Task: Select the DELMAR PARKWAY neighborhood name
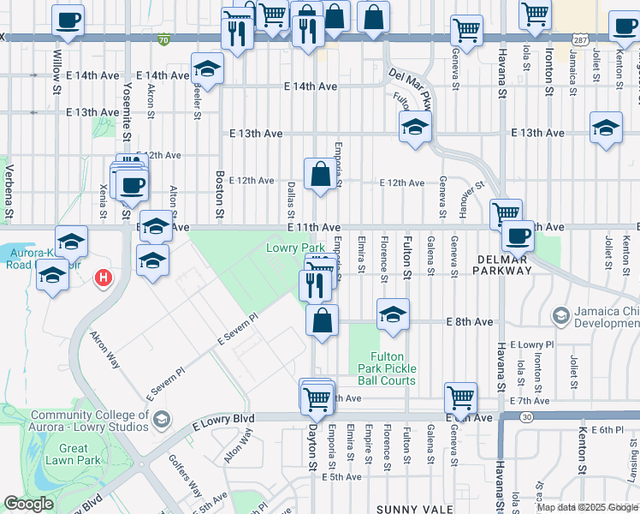click(x=501, y=269)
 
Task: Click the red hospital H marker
click(x=104, y=278)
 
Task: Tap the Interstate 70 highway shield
click(x=163, y=39)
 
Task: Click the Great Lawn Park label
click(x=74, y=454)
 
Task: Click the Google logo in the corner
click(x=28, y=504)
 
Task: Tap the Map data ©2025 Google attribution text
click(x=586, y=507)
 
